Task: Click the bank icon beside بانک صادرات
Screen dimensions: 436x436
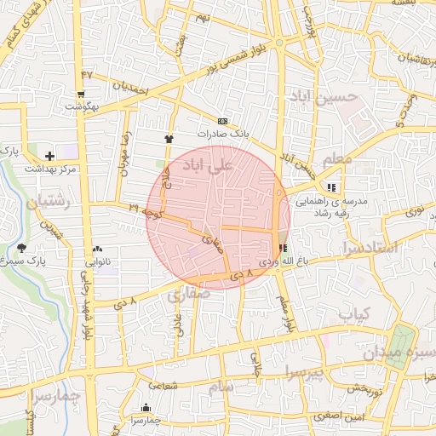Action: pos(222,121)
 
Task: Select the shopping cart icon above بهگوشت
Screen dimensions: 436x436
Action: pos(81,95)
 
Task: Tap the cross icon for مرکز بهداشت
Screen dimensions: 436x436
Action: pos(49,156)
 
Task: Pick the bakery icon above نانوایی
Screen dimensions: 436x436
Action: pos(95,250)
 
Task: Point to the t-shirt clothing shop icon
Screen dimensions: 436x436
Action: pos(169,137)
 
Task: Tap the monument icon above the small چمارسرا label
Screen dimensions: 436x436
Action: pos(146,407)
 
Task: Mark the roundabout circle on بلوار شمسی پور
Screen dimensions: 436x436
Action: pos(278,43)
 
